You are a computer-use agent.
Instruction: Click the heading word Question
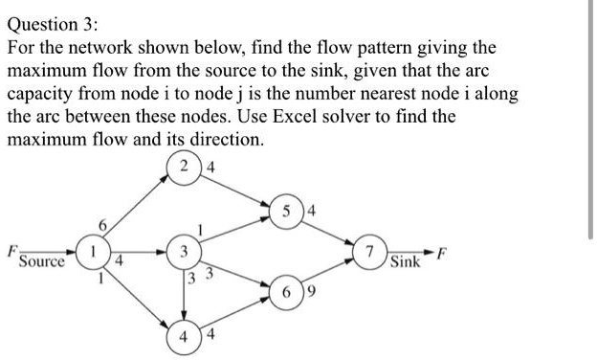[x=42, y=22]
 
